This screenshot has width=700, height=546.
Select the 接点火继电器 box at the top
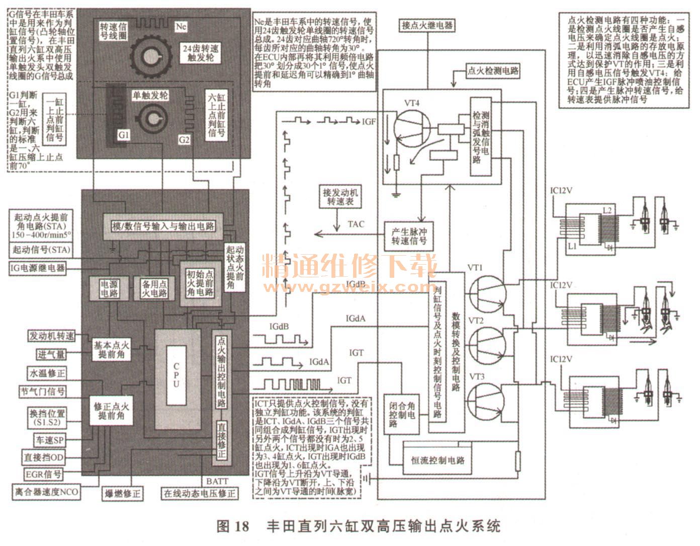[x=427, y=25]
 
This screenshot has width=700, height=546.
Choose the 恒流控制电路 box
[x=437, y=460]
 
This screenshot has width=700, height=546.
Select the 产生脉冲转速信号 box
[x=408, y=236]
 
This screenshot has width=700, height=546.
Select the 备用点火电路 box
[x=153, y=288]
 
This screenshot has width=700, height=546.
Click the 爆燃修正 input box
[x=121, y=493]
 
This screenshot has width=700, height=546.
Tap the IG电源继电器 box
[x=38, y=268]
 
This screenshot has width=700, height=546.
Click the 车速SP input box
[x=49, y=440]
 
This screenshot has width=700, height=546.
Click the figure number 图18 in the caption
[x=232, y=526]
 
